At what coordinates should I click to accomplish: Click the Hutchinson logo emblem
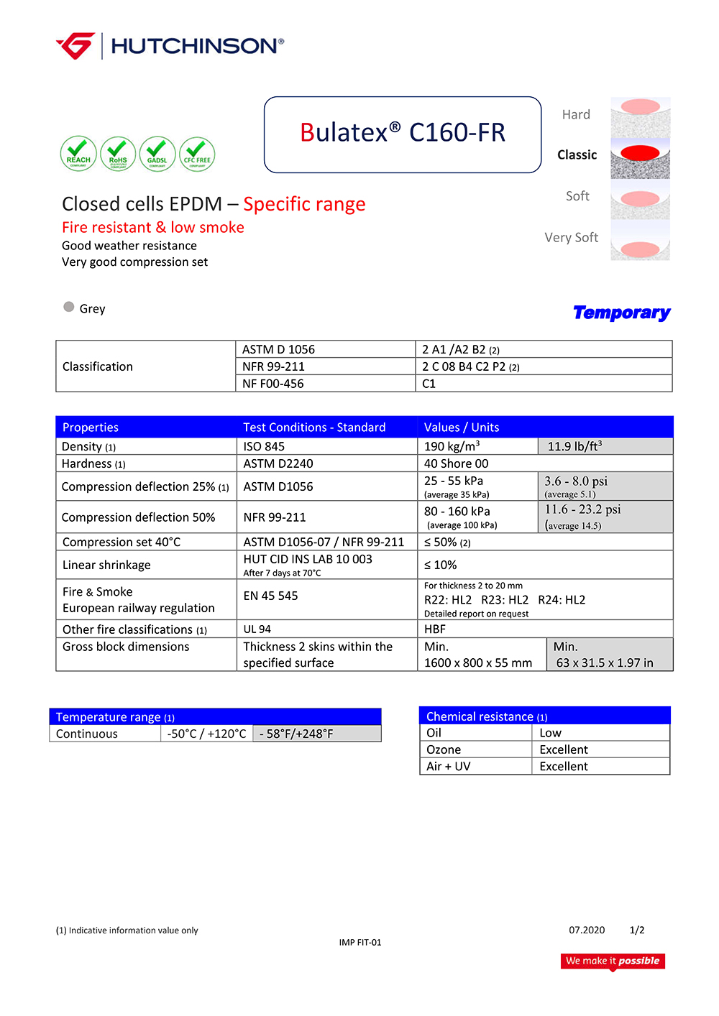coord(75,45)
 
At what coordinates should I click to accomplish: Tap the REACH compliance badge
coord(78,154)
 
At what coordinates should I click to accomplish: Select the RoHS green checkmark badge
coord(118,154)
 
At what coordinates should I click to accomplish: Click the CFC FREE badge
coord(197,154)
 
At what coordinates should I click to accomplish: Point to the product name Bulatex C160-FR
coord(403,133)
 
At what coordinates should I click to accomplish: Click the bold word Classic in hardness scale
coord(577,155)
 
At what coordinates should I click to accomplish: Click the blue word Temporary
coord(621,313)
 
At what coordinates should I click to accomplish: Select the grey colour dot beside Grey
coord(69,307)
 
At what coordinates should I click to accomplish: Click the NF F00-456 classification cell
coord(273,384)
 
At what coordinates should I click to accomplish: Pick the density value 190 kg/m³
coord(452,446)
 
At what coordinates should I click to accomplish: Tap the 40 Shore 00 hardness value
coord(456,463)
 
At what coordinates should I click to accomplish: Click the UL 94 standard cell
coord(257,629)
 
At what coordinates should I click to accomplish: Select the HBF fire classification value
coord(435,629)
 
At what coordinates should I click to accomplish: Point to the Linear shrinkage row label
coord(106,565)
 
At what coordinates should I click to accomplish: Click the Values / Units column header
coord(462,428)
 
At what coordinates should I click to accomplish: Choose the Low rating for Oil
coord(550,733)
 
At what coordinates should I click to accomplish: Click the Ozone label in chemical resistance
coord(444,749)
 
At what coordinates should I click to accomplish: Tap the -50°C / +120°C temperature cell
coord(206,734)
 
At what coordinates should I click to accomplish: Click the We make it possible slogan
coord(613,961)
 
